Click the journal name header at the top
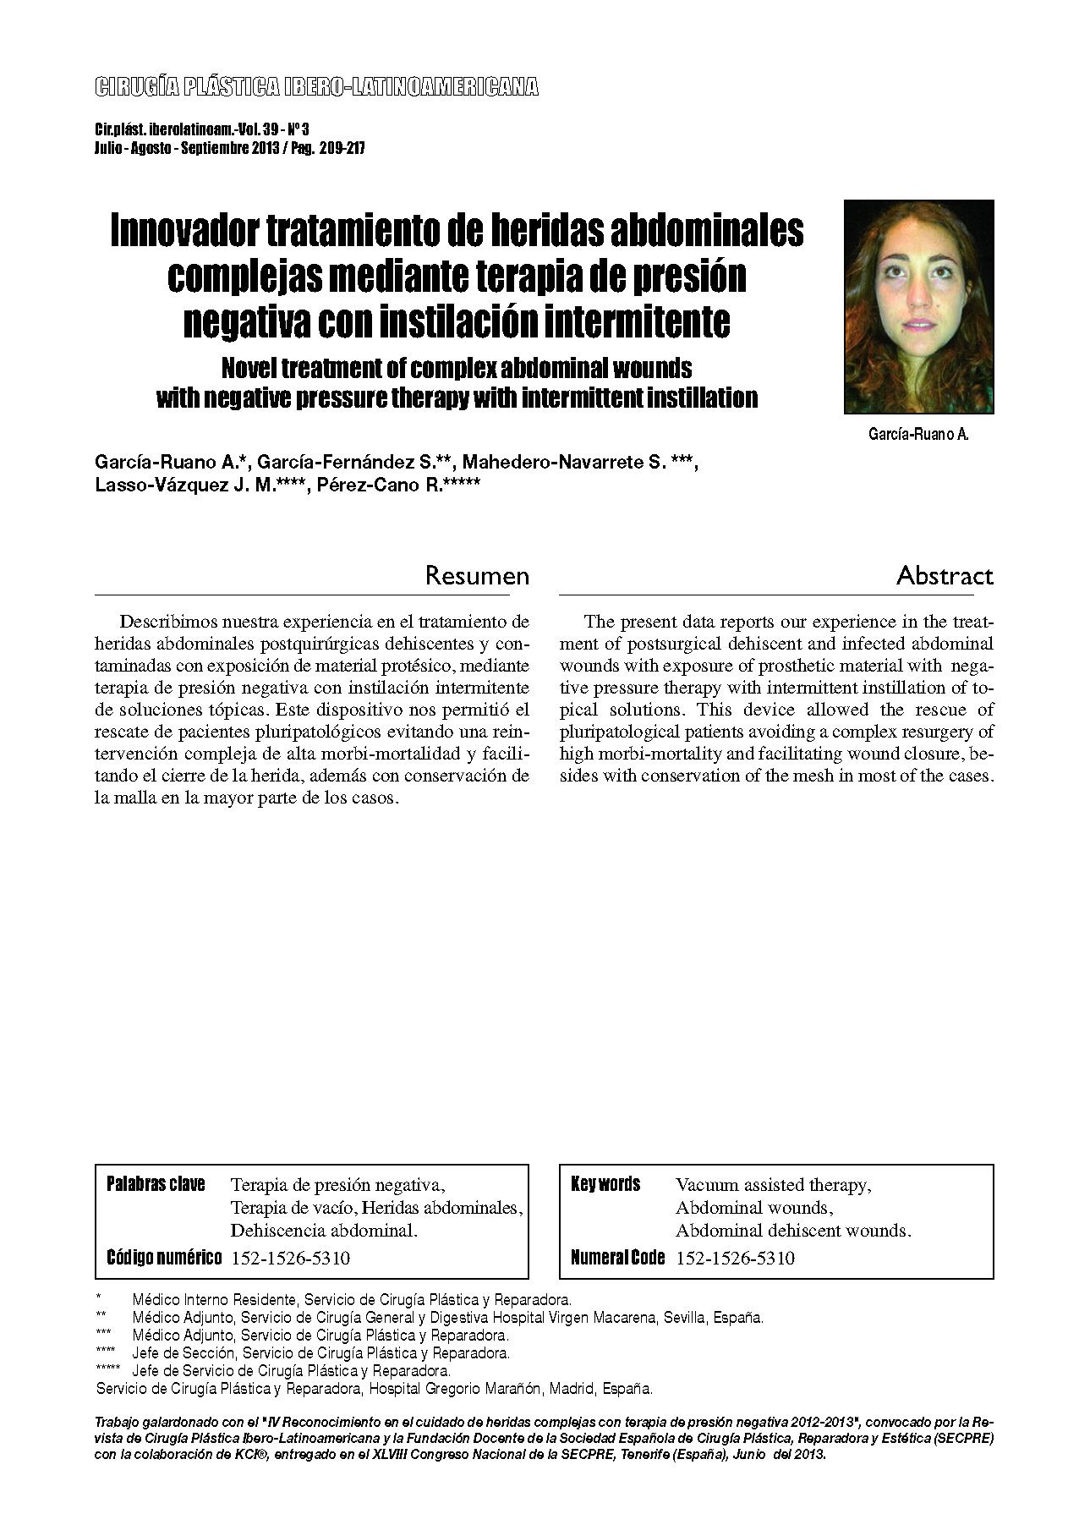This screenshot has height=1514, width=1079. (316, 86)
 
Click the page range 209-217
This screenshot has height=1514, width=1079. (342, 148)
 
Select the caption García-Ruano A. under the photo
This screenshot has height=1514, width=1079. (918, 435)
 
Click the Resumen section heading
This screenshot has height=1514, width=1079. (477, 576)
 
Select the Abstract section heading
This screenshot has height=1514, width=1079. (945, 576)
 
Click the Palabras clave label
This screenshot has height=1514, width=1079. (156, 1184)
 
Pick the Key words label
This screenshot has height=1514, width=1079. (605, 1184)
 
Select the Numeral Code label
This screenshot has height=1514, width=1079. (617, 1258)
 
